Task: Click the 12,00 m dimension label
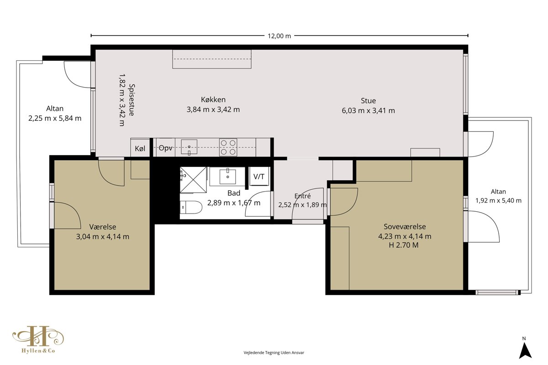[279, 36]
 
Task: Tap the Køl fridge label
[140, 148]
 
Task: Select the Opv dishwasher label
[166, 148]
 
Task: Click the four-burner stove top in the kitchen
[228, 147]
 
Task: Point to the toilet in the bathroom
[191, 207]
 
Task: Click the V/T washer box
[259, 177]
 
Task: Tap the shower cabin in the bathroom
[194, 180]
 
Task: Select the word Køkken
[213, 99]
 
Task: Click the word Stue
[368, 101]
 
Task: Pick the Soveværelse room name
[405, 227]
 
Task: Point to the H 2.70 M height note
[404, 245]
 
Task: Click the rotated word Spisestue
[132, 100]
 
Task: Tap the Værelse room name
[102, 227]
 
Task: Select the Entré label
[302, 196]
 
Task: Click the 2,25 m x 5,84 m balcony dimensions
[55, 118]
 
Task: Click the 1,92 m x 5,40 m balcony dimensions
[498, 201]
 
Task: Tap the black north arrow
[525, 350]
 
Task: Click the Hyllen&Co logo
[38, 339]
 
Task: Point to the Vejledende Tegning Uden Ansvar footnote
[274, 353]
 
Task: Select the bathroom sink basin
[227, 177]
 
